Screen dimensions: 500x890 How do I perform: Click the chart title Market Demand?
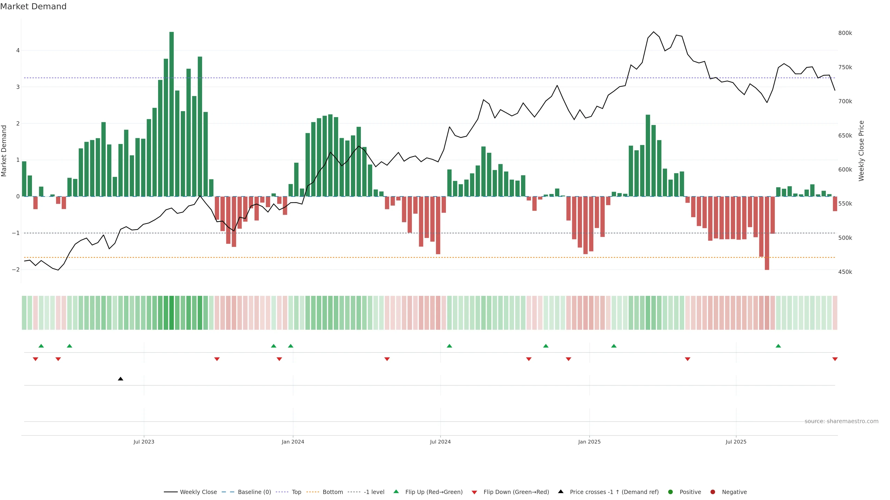(x=33, y=6)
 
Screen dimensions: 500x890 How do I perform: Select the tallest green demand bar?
(x=171, y=114)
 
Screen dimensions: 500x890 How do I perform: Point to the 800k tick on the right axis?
(x=845, y=33)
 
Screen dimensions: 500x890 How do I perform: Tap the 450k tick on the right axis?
(x=845, y=272)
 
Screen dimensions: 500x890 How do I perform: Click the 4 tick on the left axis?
(x=18, y=50)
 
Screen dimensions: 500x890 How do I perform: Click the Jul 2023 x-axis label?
(x=144, y=442)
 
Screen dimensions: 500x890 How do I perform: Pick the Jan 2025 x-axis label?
(x=589, y=442)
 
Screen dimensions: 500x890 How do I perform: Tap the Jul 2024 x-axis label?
(x=440, y=442)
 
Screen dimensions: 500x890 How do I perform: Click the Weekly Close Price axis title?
(x=861, y=150)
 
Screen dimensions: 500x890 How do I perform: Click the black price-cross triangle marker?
(x=120, y=379)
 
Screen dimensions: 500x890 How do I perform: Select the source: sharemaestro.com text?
(x=841, y=421)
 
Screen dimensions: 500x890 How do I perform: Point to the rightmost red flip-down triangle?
(x=835, y=359)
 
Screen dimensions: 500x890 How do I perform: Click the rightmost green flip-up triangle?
(x=778, y=346)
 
